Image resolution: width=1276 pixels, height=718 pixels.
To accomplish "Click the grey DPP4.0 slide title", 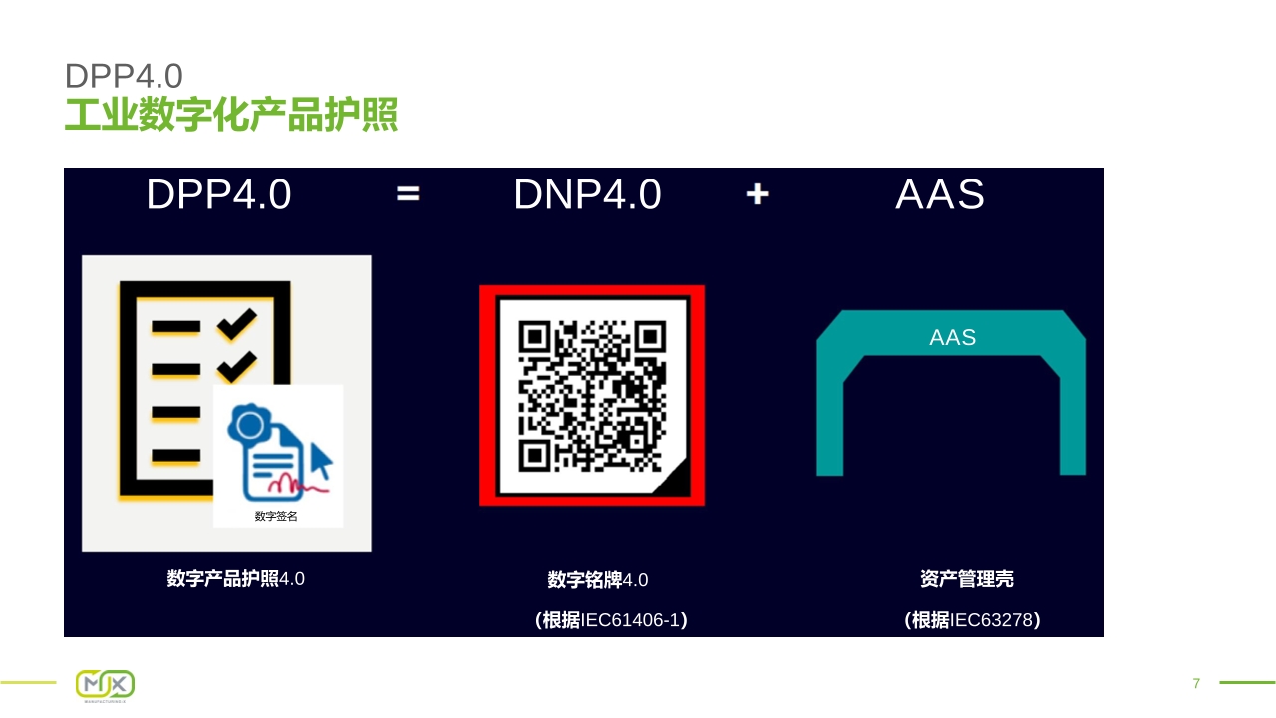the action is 124,76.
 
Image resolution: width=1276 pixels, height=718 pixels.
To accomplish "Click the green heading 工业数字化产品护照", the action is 230,115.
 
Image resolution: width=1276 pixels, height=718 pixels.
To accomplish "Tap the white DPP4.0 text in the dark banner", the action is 218,194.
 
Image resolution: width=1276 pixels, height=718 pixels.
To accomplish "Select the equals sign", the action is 408,194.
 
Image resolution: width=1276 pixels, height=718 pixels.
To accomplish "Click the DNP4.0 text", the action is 587,194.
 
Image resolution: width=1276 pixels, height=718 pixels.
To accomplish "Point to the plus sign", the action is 757,194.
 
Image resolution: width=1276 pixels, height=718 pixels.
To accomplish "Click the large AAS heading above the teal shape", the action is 940,194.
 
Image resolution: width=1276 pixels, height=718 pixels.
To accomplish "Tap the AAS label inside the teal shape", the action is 952,337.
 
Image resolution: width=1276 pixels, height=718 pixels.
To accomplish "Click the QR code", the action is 592,396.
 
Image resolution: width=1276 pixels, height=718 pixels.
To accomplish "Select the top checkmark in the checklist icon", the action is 237,324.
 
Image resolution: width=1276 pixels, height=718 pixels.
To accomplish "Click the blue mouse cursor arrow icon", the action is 321,461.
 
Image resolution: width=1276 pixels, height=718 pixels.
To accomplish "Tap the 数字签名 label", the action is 276,516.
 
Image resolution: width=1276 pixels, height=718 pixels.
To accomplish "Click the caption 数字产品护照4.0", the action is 236,579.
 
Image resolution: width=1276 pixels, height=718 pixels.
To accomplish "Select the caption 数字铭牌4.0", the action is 597,580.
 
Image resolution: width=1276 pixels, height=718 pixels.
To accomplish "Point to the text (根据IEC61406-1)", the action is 611,620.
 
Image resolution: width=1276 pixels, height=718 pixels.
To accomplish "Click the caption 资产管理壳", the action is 967,579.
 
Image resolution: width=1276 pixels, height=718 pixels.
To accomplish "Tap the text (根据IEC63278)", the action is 972,620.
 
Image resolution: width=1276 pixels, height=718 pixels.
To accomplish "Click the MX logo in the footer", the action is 106,685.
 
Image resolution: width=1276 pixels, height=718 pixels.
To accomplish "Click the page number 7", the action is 1197,683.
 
